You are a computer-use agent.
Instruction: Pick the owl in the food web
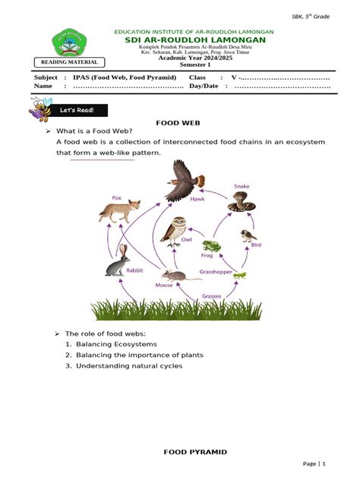tap(178, 231)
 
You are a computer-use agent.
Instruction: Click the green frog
tap(211, 246)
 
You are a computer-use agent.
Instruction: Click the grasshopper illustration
tap(240, 274)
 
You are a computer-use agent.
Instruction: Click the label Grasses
tap(212, 295)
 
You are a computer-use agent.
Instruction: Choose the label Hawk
tap(197, 198)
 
